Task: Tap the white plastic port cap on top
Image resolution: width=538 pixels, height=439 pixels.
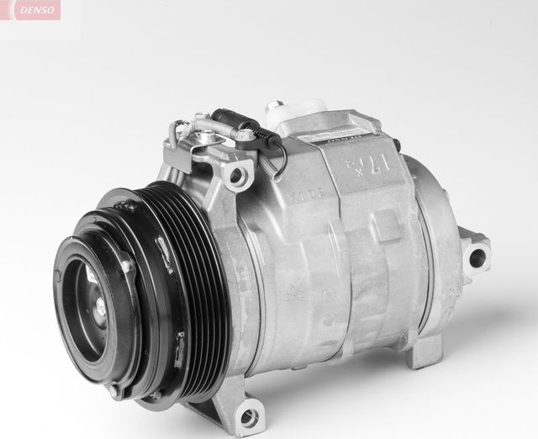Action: point(297,110)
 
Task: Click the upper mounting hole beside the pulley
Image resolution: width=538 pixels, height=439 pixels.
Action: point(238,176)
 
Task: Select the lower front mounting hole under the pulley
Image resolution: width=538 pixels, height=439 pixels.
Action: point(248,414)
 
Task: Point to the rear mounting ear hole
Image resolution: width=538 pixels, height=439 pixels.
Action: point(477,257)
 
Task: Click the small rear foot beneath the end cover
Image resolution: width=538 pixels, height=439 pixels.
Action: point(425,353)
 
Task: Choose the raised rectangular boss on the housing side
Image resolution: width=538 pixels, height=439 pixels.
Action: point(388,226)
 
